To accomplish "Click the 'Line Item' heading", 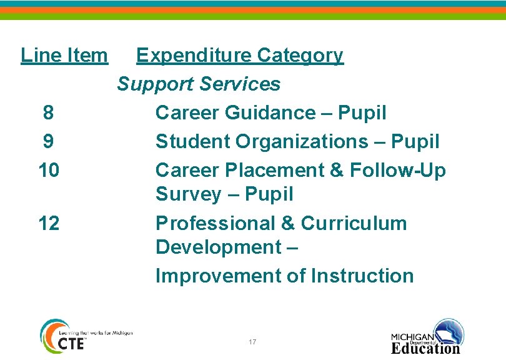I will tap(64, 56).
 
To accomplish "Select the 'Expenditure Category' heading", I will tap(239, 56).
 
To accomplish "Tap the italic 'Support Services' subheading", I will tap(199, 84).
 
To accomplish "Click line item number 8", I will tap(48, 113).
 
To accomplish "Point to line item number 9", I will tap(48, 142).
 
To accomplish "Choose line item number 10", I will tap(48, 170).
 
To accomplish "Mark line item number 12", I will tap(48, 223).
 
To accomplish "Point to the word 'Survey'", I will tap(189, 194).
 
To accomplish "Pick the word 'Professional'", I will tap(218, 223).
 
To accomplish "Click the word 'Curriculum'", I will tap(354, 223).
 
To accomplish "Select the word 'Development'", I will tap(218, 247).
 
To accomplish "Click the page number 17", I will tap(252, 342).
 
